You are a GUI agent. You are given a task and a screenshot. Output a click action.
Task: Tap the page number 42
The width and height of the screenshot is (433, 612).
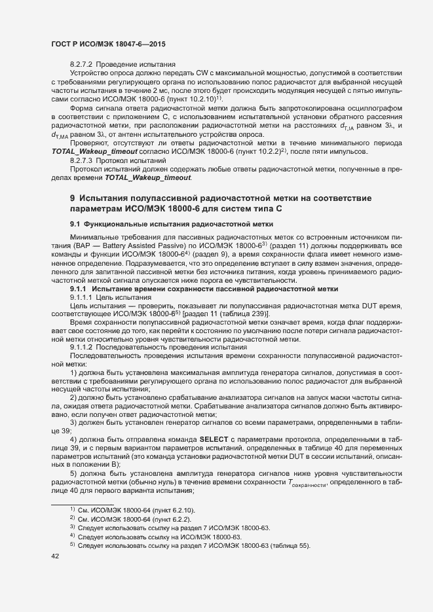click(55, 556)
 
